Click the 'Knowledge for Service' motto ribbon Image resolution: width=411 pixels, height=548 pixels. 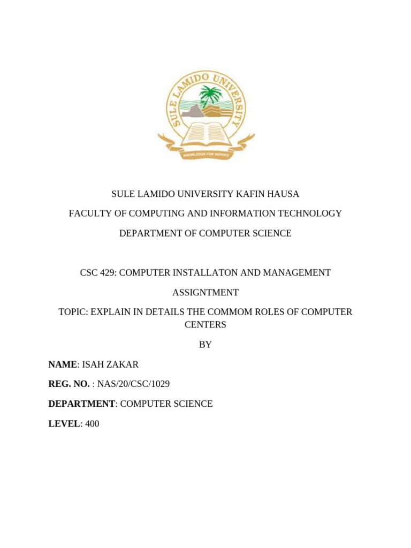click(x=206, y=154)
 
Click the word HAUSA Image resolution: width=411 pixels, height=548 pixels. click(x=282, y=194)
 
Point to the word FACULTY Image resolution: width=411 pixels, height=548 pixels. click(x=88, y=214)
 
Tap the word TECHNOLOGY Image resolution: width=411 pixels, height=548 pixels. click(x=310, y=214)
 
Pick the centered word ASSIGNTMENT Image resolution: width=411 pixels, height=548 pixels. click(x=205, y=292)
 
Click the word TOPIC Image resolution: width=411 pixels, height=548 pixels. click(x=72, y=311)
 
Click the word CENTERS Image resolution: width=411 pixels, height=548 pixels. click(x=205, y=324)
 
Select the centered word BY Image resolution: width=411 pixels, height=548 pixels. click(x=205, y=345)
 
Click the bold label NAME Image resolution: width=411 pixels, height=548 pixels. click(x=63, y=364)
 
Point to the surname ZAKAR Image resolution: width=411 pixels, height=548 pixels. click(x=123, y=364)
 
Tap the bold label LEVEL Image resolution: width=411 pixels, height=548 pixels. click(x=64, y=423)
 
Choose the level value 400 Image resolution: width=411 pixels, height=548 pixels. click(x=92, y=423)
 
